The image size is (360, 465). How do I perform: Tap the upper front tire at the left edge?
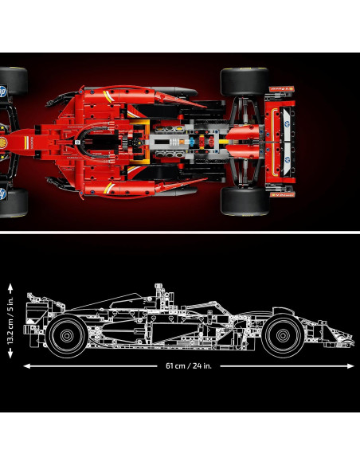tap(13, 82)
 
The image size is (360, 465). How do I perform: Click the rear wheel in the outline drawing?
tap(67, 334)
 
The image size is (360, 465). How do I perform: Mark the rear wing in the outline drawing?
tap(36, 307)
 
